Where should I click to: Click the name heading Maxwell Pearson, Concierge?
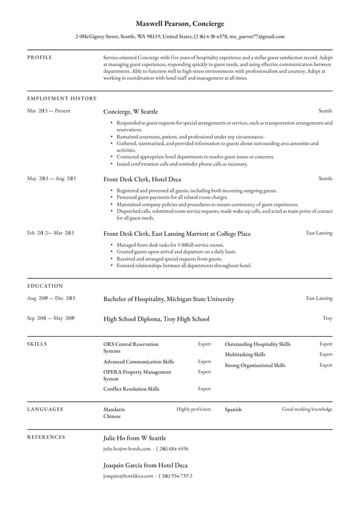pyautogui.click(x=180, y=23)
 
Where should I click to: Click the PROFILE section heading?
pyautogui.click(x=39, y=57)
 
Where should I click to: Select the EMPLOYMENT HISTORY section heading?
pyautogui.click(x=62, y=98)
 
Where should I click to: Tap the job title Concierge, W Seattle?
pyautogui.click(x=130, y=112)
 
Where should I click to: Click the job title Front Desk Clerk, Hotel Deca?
pyautogui.click(x=142, y=179)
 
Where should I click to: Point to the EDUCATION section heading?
pyautogui.click(x=45, y=286)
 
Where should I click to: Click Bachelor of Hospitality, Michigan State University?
pyautogui.click(x=168, y=299)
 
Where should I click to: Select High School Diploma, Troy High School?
pyautogui.click(x=156, y=319)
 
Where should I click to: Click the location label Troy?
pyautogui.click(x=327, y=318)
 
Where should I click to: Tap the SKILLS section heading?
pyautogui.click(x=37, y=344)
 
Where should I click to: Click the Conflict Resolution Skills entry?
pyautogui.click(x=131, y=389)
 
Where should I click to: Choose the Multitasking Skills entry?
pyautogui.click(x=245, y=355)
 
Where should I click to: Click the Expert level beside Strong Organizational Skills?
pyautogui.click(x=325, y=365)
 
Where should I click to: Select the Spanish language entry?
pyautogui.click(x=233, y=409)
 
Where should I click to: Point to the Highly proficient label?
pyautogui.click(x=193, y=409)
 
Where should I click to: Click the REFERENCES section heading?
pyautogui.click(x=46, y=437)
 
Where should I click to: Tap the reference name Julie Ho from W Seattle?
pyautogui.click(x=134, y=438)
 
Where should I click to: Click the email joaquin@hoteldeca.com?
pyautogui.click(x=128, y=476)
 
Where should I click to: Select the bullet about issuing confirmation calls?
pyautogui.click(x=182, y=164)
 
